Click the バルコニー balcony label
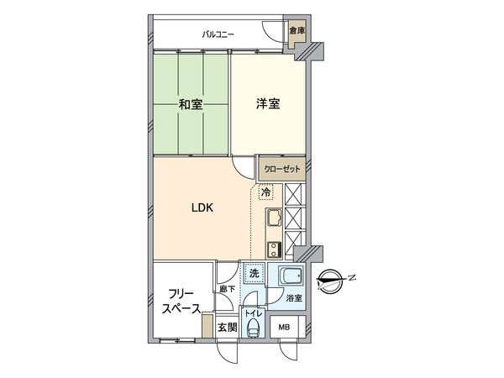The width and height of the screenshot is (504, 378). click(218, 34)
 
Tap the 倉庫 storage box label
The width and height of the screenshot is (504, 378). click(296, 31)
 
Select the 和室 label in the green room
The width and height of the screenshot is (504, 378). click(190, 105)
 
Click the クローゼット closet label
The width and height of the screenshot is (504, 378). click(281, 167)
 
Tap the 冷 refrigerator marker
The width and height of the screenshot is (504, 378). click(265, 192)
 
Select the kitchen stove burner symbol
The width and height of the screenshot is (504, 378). click(275, 249)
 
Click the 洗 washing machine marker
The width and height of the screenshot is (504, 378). click(253, 273)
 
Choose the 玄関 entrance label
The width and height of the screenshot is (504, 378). click(226, 328)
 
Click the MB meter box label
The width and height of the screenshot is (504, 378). click(285, 328)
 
